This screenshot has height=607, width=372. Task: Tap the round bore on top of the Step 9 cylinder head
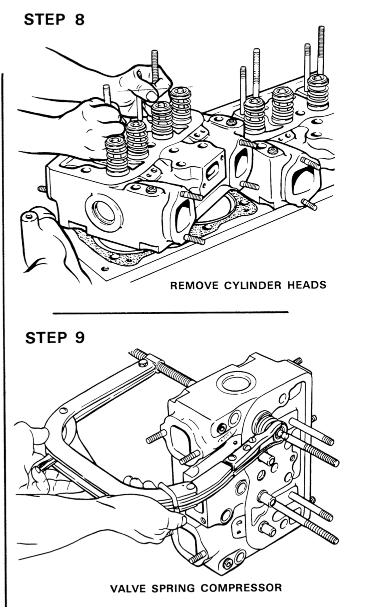pyautogui.click(x=236, y=383)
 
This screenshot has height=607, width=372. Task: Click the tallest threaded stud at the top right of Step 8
pyautogui.click(x=321, y=49)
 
